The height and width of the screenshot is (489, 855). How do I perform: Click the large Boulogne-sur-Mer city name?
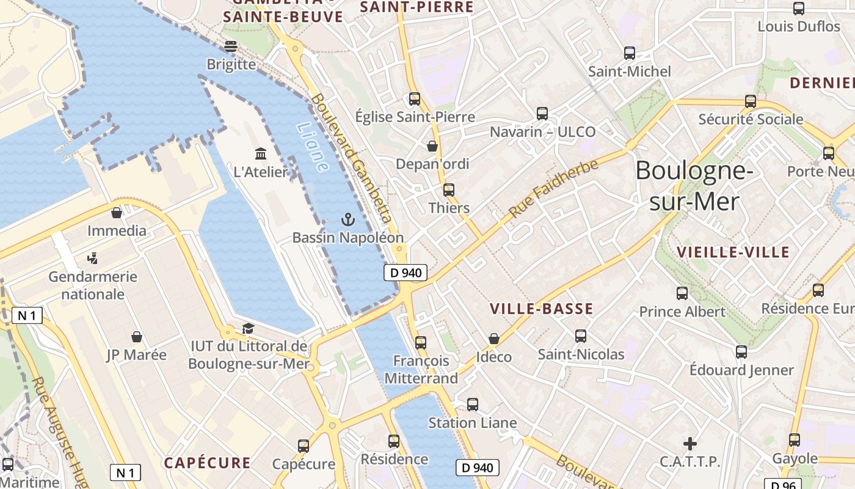pos(694,186)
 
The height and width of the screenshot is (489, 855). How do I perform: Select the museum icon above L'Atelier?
pos(261,153)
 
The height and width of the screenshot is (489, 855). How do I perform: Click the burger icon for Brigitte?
pos(231,46)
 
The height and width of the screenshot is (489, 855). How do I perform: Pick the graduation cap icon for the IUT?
pos(248,329)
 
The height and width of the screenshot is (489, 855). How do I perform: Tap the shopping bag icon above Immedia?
pos(117,213)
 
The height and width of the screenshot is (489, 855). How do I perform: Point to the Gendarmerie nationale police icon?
pos(93,259)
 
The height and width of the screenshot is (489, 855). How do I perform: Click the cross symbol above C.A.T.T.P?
pos(690,443)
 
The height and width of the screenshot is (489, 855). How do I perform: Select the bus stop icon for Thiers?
pos(449,190)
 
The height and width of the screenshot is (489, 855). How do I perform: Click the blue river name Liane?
pos(312,147)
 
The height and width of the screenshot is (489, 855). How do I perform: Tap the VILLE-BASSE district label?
pos(542,309)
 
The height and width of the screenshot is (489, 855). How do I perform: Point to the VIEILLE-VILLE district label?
pos(733,252)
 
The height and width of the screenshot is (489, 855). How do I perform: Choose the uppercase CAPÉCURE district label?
pos(207,463)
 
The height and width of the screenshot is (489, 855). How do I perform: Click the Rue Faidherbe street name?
pos(553,188)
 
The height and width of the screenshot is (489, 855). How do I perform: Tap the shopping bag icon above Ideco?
pos(494,339)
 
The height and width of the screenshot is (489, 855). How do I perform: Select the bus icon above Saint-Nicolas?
pos(581,336)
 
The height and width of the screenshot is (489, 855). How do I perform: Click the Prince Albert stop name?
pos(682,312)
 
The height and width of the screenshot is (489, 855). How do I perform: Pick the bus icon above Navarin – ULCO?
pos(542,113)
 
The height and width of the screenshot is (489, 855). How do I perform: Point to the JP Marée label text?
pos(136,355)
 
